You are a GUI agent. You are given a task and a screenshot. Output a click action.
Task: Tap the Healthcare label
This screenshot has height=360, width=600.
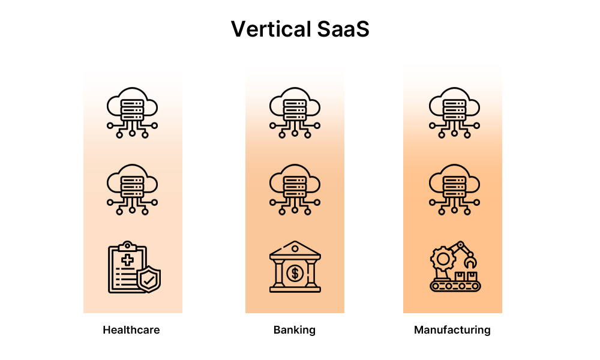(x=131, y=330)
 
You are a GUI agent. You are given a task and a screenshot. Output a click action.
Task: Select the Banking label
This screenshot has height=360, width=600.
(x=294, y=330)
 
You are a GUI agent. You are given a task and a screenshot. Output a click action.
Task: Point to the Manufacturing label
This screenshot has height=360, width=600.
(x=452, y=330)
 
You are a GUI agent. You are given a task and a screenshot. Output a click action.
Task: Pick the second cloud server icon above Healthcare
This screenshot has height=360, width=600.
(x=132, y=190)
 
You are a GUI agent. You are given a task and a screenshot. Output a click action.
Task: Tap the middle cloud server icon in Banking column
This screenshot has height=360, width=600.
(x=295, y=190)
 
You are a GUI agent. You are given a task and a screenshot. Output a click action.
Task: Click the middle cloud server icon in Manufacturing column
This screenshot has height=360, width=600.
(x=454, y=190)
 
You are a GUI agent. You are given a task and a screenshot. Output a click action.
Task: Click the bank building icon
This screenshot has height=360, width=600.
(x=295, y=267)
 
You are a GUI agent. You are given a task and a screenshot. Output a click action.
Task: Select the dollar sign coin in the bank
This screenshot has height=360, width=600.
(x=295, y=274)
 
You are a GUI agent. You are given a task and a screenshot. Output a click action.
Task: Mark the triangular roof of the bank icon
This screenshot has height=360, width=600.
(x=295, y=248)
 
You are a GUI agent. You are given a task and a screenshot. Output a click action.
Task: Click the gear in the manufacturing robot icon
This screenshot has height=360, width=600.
(x=443, y=259)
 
